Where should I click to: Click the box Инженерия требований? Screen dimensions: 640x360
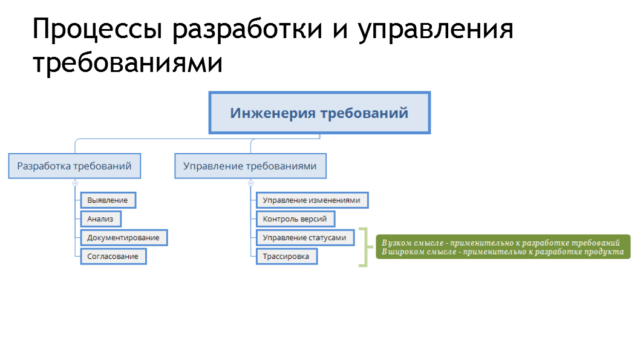(319, 113)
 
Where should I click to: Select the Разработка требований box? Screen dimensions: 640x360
(74, 166)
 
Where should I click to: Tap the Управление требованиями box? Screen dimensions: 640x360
(250, 166)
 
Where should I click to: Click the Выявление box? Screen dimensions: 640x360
(108, 200)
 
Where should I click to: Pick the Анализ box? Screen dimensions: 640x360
(100, 219)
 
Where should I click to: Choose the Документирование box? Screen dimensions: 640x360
(123, 238)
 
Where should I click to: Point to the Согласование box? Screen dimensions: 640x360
(113, 257)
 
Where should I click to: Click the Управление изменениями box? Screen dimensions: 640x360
(312, 200)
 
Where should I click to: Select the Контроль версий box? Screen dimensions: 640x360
(295, 219)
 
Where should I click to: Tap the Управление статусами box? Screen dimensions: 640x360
(305, 238)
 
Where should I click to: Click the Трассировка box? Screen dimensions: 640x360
(287, 257)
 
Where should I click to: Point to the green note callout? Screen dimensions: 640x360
(503, 247)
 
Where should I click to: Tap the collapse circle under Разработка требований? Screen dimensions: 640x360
(75, 183)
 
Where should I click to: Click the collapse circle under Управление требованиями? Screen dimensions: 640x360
(251, 183)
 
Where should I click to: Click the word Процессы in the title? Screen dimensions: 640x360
(98, 30)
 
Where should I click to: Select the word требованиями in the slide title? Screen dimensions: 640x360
(128, 64)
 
